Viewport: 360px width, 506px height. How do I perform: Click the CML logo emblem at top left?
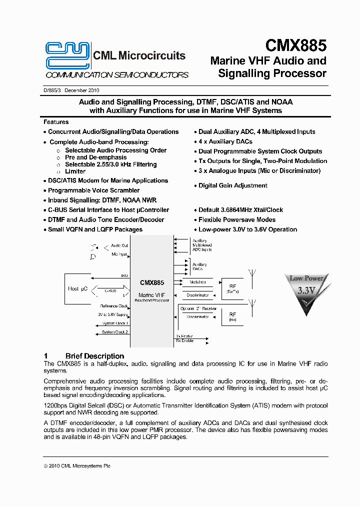pos(67,55)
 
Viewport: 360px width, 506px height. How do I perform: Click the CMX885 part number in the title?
pos(295,46)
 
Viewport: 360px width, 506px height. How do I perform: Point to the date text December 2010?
pos(81,90)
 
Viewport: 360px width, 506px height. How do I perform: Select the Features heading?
pos(56,122)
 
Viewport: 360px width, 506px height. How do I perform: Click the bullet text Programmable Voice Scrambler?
pos(93,190)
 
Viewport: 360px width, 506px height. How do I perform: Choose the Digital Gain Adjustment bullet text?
pos(232,185)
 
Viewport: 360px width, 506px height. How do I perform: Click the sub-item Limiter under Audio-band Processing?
pos(75,171)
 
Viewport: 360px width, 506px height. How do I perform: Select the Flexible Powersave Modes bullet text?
pos(236,219)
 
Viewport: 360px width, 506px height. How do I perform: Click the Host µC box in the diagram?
pos(77,289)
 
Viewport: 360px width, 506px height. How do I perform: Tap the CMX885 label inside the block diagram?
pos(152,282)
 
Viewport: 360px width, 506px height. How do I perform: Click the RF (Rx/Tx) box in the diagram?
pos(232,288)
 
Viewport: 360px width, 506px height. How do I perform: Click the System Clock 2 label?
pos(115,332)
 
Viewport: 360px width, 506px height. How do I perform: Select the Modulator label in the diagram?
pos(197,282)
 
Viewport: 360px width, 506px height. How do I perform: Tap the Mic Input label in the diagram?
pos(119,254)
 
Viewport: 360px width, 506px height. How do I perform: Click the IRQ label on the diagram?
pos(124,275)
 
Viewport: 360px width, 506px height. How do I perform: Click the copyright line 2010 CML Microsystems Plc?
pos(77,466)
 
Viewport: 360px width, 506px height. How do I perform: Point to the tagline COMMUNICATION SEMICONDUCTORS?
pos(117,75)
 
